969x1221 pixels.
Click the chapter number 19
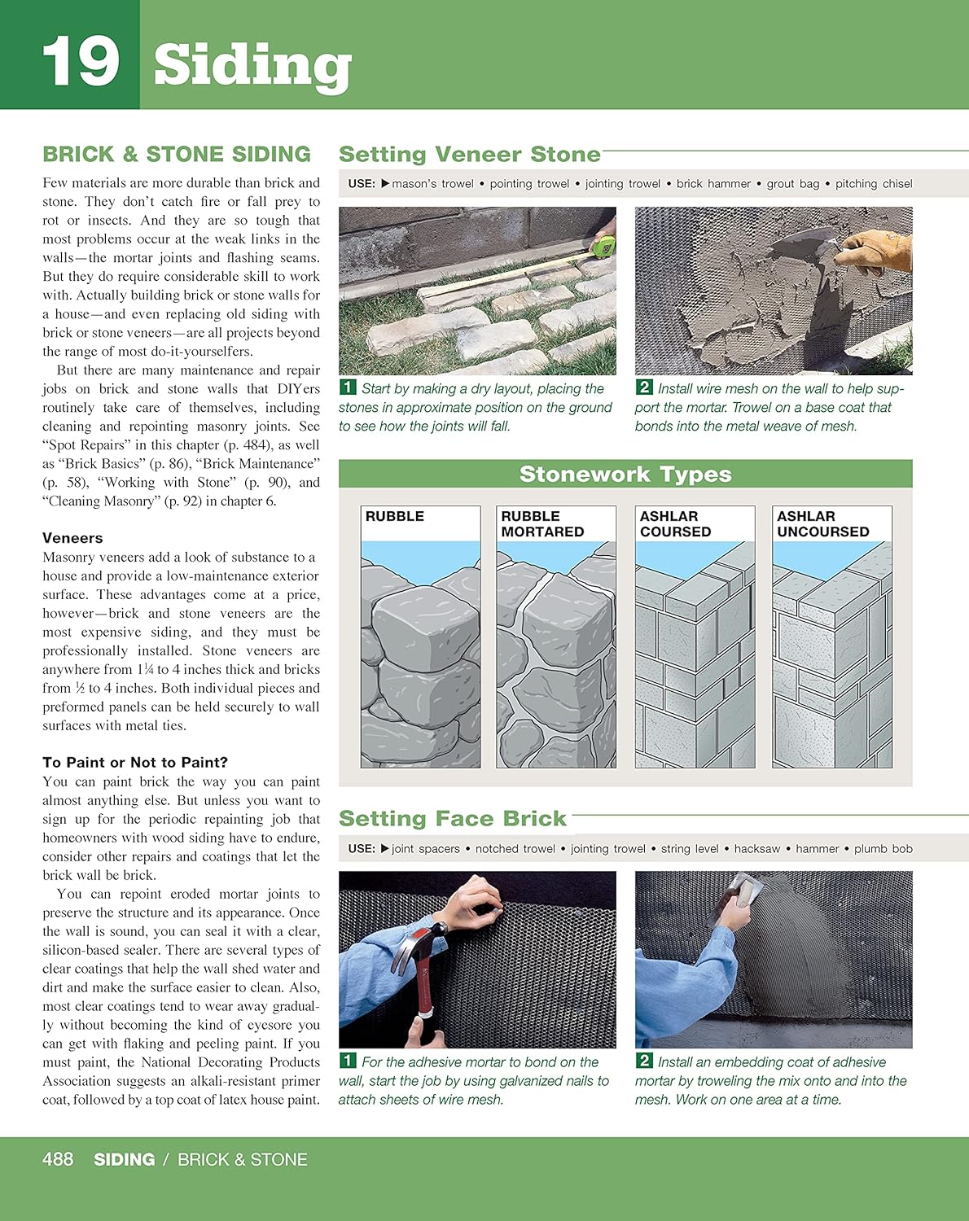pyautogui.click(x=80, y=62)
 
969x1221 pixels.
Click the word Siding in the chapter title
pyautogui.click(x=252, y=65)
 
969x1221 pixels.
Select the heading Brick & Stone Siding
pyautogui.click(x=177, y=155)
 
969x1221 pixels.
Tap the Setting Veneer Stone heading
pyautogui.click(x=469, y=155)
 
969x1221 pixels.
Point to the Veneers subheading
pyautogui.click(x=72, y=538)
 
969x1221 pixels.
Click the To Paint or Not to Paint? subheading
pyautogui.click(x=135, y=763)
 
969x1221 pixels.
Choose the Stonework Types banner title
pyautogui.click(x=625, y=475)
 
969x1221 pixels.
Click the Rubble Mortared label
pyautogui.click(x=542, y=523)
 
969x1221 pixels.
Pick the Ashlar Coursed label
pyautogui.click(x=675, y=523)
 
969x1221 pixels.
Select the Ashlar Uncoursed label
pyautogui.click(x=822, y=523)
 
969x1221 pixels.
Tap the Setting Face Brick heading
pyautogui.click(x=452, y=819)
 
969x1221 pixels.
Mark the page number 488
pyautogui.click(x=58, y=1159)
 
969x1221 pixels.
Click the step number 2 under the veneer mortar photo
pyautogui.click(x=644, y=387)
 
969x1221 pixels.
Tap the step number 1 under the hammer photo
pyautogui.click(x=348, y=1061)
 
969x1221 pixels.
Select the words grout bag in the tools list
pyautogui.click(x=792, y=184)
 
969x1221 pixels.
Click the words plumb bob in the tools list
pyautogui.click(x=883, y=849)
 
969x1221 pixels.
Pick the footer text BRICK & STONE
pyautogui.click(x=243, y=1160)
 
